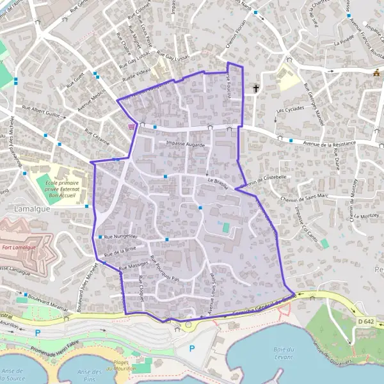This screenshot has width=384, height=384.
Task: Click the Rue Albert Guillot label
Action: [44, 111]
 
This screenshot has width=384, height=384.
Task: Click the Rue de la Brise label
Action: [120, 252]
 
